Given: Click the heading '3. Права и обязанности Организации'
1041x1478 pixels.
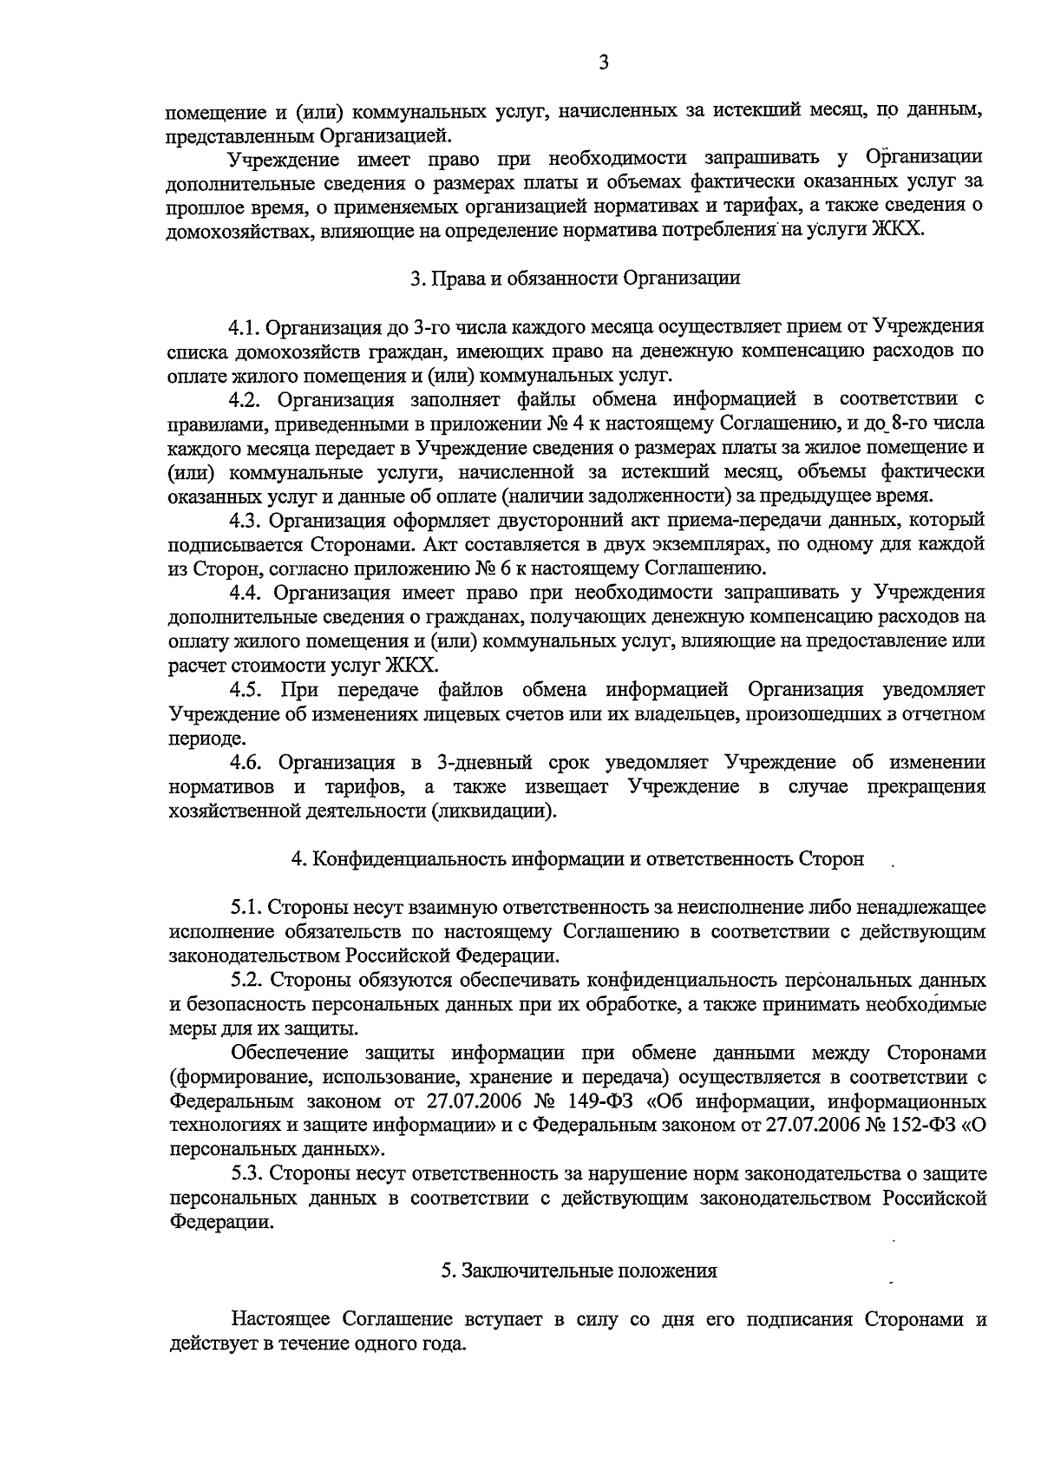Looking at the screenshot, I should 575,279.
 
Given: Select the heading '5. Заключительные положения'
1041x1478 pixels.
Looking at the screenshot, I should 579,1271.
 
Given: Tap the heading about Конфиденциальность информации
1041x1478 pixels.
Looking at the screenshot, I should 578,859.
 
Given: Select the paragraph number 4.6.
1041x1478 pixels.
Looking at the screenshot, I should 246,763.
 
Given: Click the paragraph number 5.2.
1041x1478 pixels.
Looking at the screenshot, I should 246,981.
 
